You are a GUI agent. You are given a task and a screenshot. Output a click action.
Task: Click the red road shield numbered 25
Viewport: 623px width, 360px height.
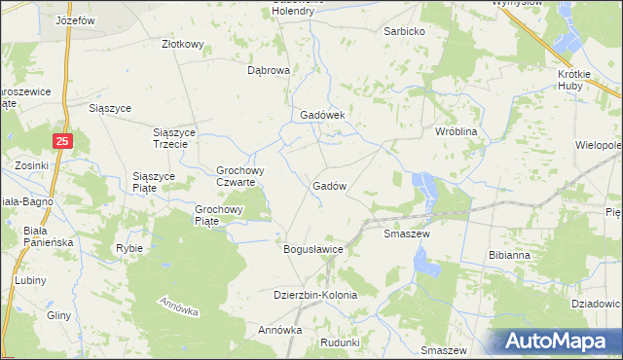click(x=62, y=142)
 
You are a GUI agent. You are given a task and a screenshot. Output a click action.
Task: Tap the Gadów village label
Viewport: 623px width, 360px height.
click(x=330, y=186)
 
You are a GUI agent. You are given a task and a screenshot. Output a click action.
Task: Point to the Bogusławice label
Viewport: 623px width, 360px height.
click(x=313, y=249)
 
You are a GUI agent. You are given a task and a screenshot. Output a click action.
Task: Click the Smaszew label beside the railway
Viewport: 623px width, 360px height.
click(x=407, y=234)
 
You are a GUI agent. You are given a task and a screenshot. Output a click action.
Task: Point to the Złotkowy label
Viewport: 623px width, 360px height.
click(x=182, y=44)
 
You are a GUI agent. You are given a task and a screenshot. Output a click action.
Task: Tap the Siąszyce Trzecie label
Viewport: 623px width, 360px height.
click(x=176, y=137)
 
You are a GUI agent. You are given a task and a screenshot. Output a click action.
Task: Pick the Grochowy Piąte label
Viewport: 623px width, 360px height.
click(x=219, y=214)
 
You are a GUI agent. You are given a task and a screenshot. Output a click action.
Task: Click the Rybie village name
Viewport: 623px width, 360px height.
click(x=129, y=248)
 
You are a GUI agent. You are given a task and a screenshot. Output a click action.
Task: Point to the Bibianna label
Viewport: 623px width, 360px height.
click(x=509, y=255)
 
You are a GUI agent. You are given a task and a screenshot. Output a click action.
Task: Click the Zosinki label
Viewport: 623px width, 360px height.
click(x=31, y=165)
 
